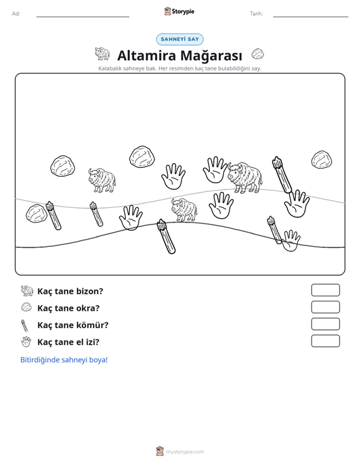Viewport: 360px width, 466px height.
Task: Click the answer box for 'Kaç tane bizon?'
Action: pyautogui.click(x=325, y=290)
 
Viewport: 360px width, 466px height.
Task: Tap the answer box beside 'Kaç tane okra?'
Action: pyautogui.click(x=325, y=307)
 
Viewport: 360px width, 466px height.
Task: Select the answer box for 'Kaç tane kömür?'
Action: pyautogui.click(x=325, y=324)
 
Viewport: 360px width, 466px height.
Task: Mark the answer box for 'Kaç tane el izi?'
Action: pyautogui.click(x=325, y=341)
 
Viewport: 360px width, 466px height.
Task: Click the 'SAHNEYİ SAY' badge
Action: pyautogui.click(x=180, y=39)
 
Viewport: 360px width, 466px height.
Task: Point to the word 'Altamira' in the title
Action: pyautogui.click(x=146, y=55)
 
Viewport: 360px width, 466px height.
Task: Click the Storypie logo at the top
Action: pyautogui.click(x=179, y=11)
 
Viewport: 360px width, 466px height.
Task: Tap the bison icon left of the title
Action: pyautogui.click(x=102, y=53)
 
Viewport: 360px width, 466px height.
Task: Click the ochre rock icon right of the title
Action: pyautogui.click(x=258, y=54)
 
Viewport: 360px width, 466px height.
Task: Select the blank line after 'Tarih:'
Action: pyautogui.click(x=310, y=17)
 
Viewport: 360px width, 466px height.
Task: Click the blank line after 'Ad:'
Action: pyautogui.click(x=83, y=17)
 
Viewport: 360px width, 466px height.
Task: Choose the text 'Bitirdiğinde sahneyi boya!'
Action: pyautogui.click(x=64, y=360)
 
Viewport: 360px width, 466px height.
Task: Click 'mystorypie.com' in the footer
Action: pyautogui.click(x=185, y=452)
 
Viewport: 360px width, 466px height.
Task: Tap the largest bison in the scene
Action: pyautogui.click(x=245, y=178)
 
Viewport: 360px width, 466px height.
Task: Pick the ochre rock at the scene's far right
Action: pyautogui.click(x=322, y=160)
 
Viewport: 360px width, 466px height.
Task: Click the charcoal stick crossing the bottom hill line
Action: pyautogui.click(x=166, y=236)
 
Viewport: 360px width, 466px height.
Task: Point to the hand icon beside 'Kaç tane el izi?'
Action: pyautogui.click(x=26, y=342)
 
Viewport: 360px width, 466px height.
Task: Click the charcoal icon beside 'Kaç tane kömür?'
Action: pyautogui.click(x=24, y=325)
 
